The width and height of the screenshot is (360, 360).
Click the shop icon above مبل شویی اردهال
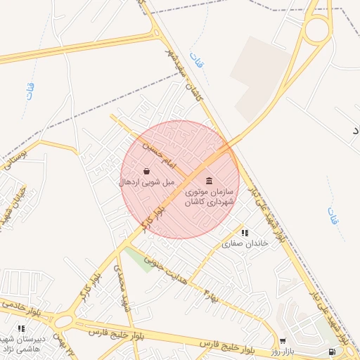click(146, 171)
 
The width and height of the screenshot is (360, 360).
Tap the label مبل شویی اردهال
click(146, 182)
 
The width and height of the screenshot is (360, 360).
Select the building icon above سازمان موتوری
click(210, 180)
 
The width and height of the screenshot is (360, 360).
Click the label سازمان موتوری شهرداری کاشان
click(209, 196)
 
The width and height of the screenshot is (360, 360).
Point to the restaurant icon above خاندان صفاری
click(244, 233)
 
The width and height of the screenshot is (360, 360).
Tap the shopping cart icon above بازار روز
click(283, 341)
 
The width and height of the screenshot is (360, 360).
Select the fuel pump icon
click(331, 351)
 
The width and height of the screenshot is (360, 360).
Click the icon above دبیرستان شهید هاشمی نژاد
click(21, 328)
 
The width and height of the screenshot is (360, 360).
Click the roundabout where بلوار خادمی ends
click(65, 321)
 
